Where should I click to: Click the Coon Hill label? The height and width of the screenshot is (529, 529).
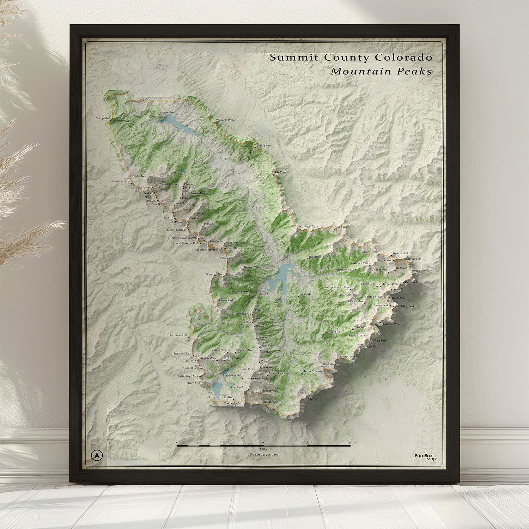[341, 227]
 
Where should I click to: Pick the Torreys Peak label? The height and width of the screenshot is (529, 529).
[401, 253]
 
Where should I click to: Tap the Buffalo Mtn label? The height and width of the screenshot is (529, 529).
[251, 267]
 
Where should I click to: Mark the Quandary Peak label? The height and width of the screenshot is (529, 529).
[269, 391]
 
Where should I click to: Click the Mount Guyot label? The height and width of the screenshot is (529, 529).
[347, 357]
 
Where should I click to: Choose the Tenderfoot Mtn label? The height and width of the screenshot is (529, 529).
[318, 257]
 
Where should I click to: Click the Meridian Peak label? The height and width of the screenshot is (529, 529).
[121, 181]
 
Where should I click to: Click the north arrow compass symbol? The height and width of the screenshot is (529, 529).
[96, 455]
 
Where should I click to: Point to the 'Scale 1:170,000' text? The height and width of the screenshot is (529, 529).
[264, 455]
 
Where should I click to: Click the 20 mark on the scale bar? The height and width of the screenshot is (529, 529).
[350, 442]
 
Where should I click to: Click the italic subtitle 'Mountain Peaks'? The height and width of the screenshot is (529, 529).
[381, 71]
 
